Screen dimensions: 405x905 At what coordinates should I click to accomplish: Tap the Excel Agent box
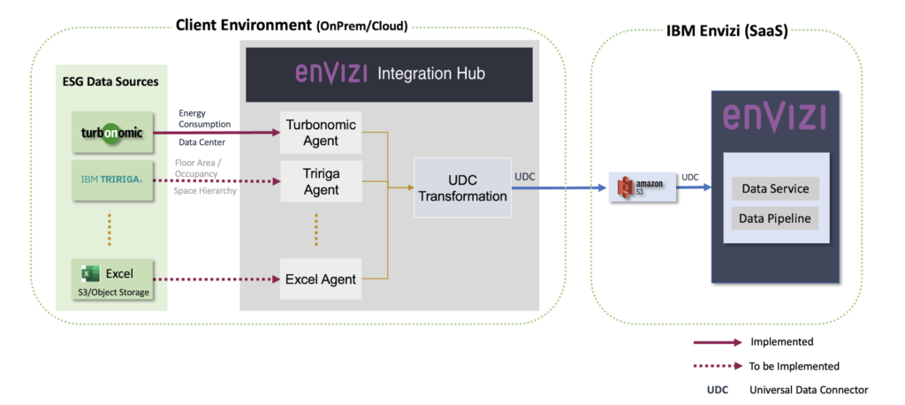point(320,279)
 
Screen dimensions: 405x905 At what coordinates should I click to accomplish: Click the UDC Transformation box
point(463,187)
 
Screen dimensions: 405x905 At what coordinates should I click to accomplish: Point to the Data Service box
point(775,189)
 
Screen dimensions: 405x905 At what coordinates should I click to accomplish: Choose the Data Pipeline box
point(775,218)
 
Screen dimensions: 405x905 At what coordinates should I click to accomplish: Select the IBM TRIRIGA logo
point(110,180)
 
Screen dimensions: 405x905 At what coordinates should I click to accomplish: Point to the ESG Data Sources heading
point(110,82)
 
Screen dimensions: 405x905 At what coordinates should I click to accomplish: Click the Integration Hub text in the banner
point(432,74)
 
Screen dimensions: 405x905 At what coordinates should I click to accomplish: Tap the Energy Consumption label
point(204,119)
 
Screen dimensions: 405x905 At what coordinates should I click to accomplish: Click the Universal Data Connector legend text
point(809,390)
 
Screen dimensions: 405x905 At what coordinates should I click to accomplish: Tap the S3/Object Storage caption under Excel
point(110,293)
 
